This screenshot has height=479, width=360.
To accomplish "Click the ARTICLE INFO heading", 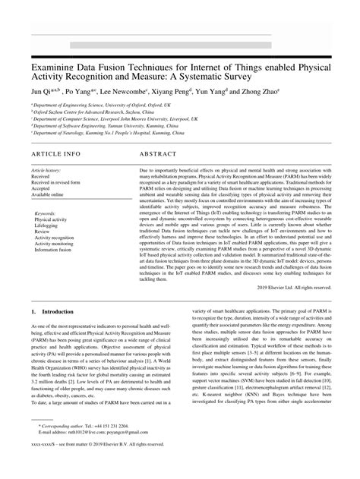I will coord(55,153).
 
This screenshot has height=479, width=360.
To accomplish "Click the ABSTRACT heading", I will coord(161,153).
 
